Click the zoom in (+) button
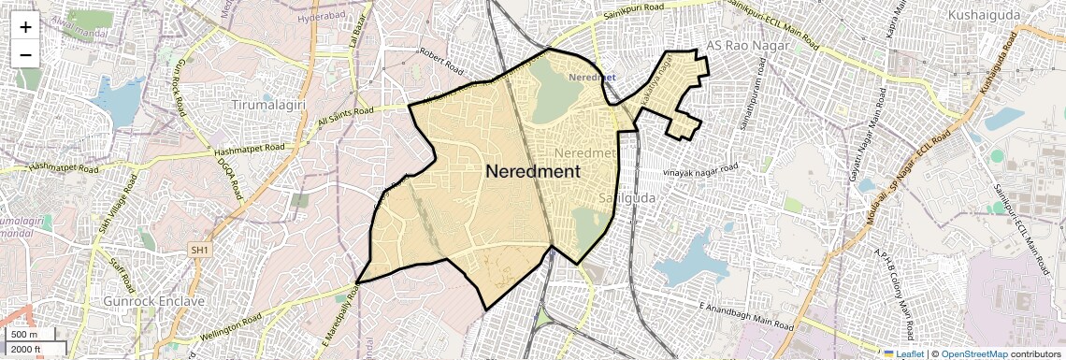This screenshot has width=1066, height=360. click(25, 27)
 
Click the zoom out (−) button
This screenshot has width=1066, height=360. click(25, 54)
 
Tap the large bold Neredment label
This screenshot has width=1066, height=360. click(532, 172)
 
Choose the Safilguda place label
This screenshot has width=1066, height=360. click(625, 199)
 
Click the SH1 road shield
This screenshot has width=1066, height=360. click(200, 251)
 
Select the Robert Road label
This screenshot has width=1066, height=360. click(441, 62)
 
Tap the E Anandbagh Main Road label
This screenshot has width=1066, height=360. click(745, 316)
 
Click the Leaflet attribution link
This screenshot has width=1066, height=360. click(904, 353)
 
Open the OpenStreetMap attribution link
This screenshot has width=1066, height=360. click(973, 353)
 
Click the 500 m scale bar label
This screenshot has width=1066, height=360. click(24, 335)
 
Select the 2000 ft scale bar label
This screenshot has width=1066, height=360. click(26, 350)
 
